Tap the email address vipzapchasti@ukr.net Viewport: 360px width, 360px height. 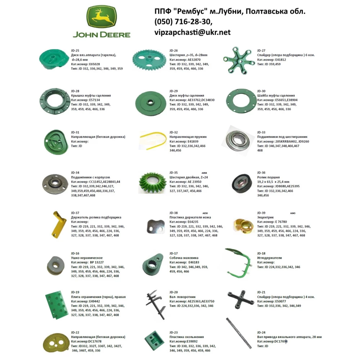(x=192, y=32)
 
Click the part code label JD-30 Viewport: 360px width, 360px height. (x=261, y=91)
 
